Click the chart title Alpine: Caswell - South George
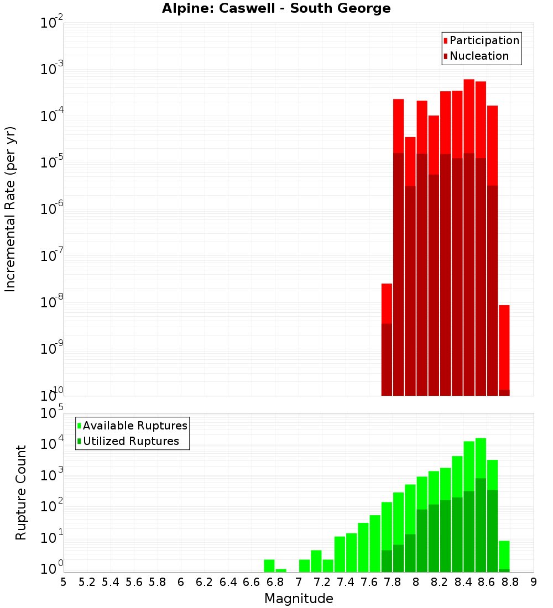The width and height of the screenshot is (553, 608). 276,9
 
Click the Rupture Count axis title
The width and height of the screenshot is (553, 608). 21,492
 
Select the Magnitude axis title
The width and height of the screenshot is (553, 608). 299,599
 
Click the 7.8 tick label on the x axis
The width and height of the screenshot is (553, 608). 393,582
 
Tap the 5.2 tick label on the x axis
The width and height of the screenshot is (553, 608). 87,582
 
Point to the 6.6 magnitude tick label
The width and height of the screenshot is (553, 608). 252,582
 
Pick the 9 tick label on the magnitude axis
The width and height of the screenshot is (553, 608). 534,582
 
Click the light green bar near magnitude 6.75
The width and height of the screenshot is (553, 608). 269,566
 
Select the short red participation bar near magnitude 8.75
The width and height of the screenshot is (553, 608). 504,348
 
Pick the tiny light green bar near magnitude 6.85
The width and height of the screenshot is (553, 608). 281,570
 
